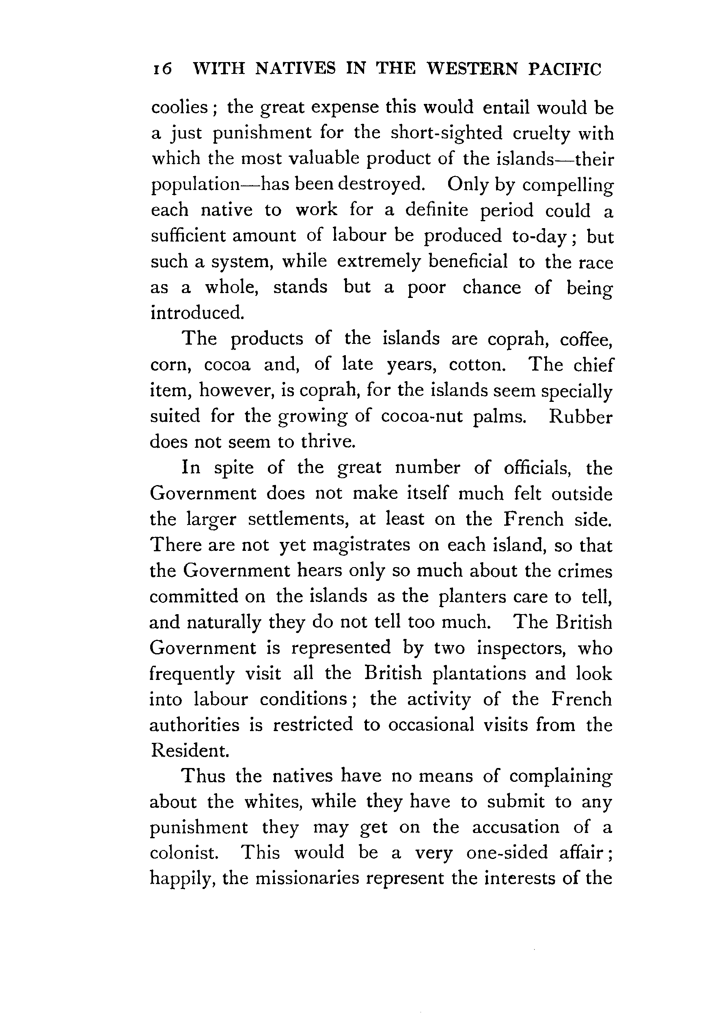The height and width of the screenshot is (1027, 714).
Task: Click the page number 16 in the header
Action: point(162,70)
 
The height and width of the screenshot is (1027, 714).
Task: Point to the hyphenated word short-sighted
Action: point(446,133)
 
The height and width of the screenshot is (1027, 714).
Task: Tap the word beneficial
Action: point(468,261)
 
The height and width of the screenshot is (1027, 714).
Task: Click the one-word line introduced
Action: point(197,312)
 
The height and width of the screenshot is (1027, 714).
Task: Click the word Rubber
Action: point(580,416)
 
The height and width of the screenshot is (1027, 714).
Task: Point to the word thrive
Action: point(328,442)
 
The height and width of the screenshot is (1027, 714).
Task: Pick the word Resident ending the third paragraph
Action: point(190,751)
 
